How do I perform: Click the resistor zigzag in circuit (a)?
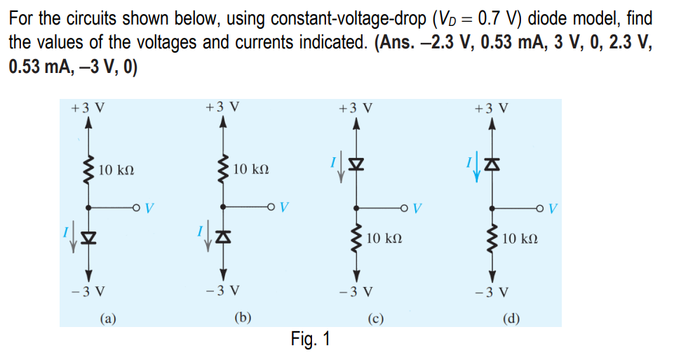88,169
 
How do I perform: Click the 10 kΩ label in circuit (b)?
250,170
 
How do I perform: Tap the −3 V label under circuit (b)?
223,290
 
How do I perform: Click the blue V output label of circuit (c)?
418,208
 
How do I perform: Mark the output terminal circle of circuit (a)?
136,208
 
